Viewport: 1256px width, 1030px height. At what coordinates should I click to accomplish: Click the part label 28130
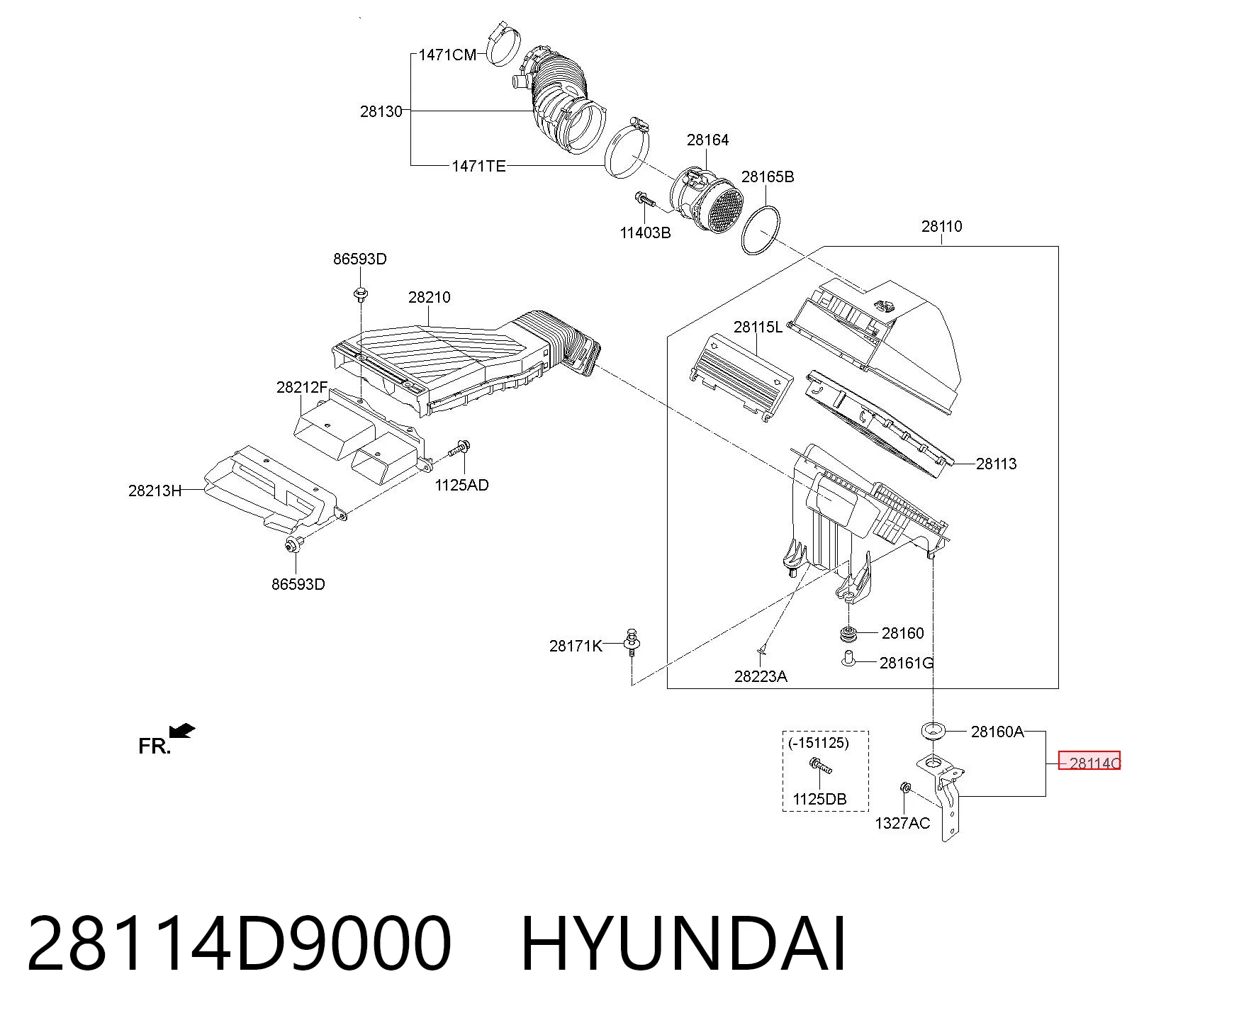pyautogui.click(x=381, y=111)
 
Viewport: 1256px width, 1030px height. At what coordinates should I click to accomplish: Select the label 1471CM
pyautogui.click(x=447, y=55)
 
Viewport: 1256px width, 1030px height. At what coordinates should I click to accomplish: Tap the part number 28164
pyautogui.click(x=707, y=140)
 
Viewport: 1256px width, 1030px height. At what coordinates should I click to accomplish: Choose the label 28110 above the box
pyautogui.click(x=941, y=226)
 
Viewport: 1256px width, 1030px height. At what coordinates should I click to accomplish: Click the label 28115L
pyautogui.click(x=758, y=327)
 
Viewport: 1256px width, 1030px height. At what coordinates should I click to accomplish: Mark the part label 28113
pyautogui.click(x=996, y=464)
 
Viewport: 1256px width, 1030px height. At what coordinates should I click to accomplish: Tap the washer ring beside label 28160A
pyautogui.click(x=933, y=730)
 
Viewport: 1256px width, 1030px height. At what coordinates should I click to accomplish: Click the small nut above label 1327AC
pyautogui.click(x=904, y=788)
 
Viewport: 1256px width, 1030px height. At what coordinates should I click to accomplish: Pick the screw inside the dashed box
pyautogui.click(x=819, y=766)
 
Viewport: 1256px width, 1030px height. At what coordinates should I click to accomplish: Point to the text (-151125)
pyautogui.click(x=818, y=743)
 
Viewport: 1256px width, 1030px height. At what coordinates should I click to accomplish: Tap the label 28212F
pyautogui.click(x=302, y=387)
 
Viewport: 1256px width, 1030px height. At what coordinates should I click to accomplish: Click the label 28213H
pyautogui.click(x=155, y=491)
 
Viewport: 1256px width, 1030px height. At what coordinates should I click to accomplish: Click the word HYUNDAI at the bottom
pyautogui.click(x=683, y=944)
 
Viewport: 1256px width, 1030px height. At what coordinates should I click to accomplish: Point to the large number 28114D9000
pyautogui.click(x=239, y=944)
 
